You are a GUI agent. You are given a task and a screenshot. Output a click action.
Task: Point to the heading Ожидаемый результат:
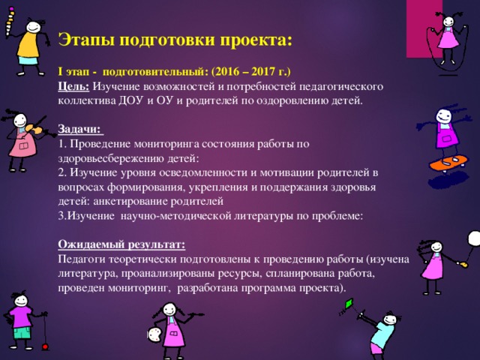(x=121, y=244)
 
